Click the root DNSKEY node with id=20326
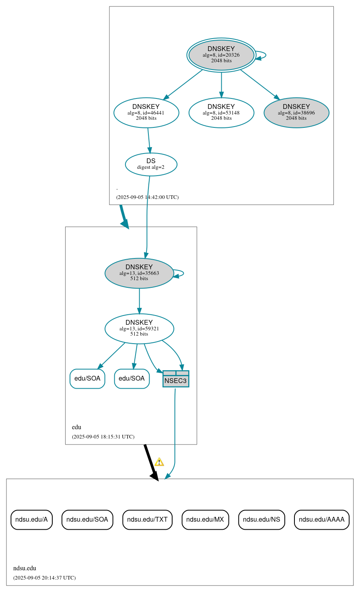(x=221, y=55)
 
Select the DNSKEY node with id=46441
(x=146, y=113)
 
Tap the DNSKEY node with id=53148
(x=221, y=113)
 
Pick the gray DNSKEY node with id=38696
(x=296, y=113)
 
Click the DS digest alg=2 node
(x=151, y=164)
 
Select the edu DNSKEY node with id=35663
(x=139, y=273)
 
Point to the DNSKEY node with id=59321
(x=139, y=329)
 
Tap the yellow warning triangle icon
(x=159, y=462)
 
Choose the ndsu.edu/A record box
(x=31, y=520)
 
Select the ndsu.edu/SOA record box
(x=87, y=520)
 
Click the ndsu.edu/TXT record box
(x=147, y=520)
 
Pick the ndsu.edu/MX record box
(x=205, y=520)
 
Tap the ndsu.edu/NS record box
(x=261, y=520)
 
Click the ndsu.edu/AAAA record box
(x=321, y=520)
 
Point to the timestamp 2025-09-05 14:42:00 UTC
(x=147, y=197)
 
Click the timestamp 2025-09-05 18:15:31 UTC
(x=103, y=437)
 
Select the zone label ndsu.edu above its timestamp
(x=25, y=568)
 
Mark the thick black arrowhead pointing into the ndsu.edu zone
(x=154, y=476)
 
